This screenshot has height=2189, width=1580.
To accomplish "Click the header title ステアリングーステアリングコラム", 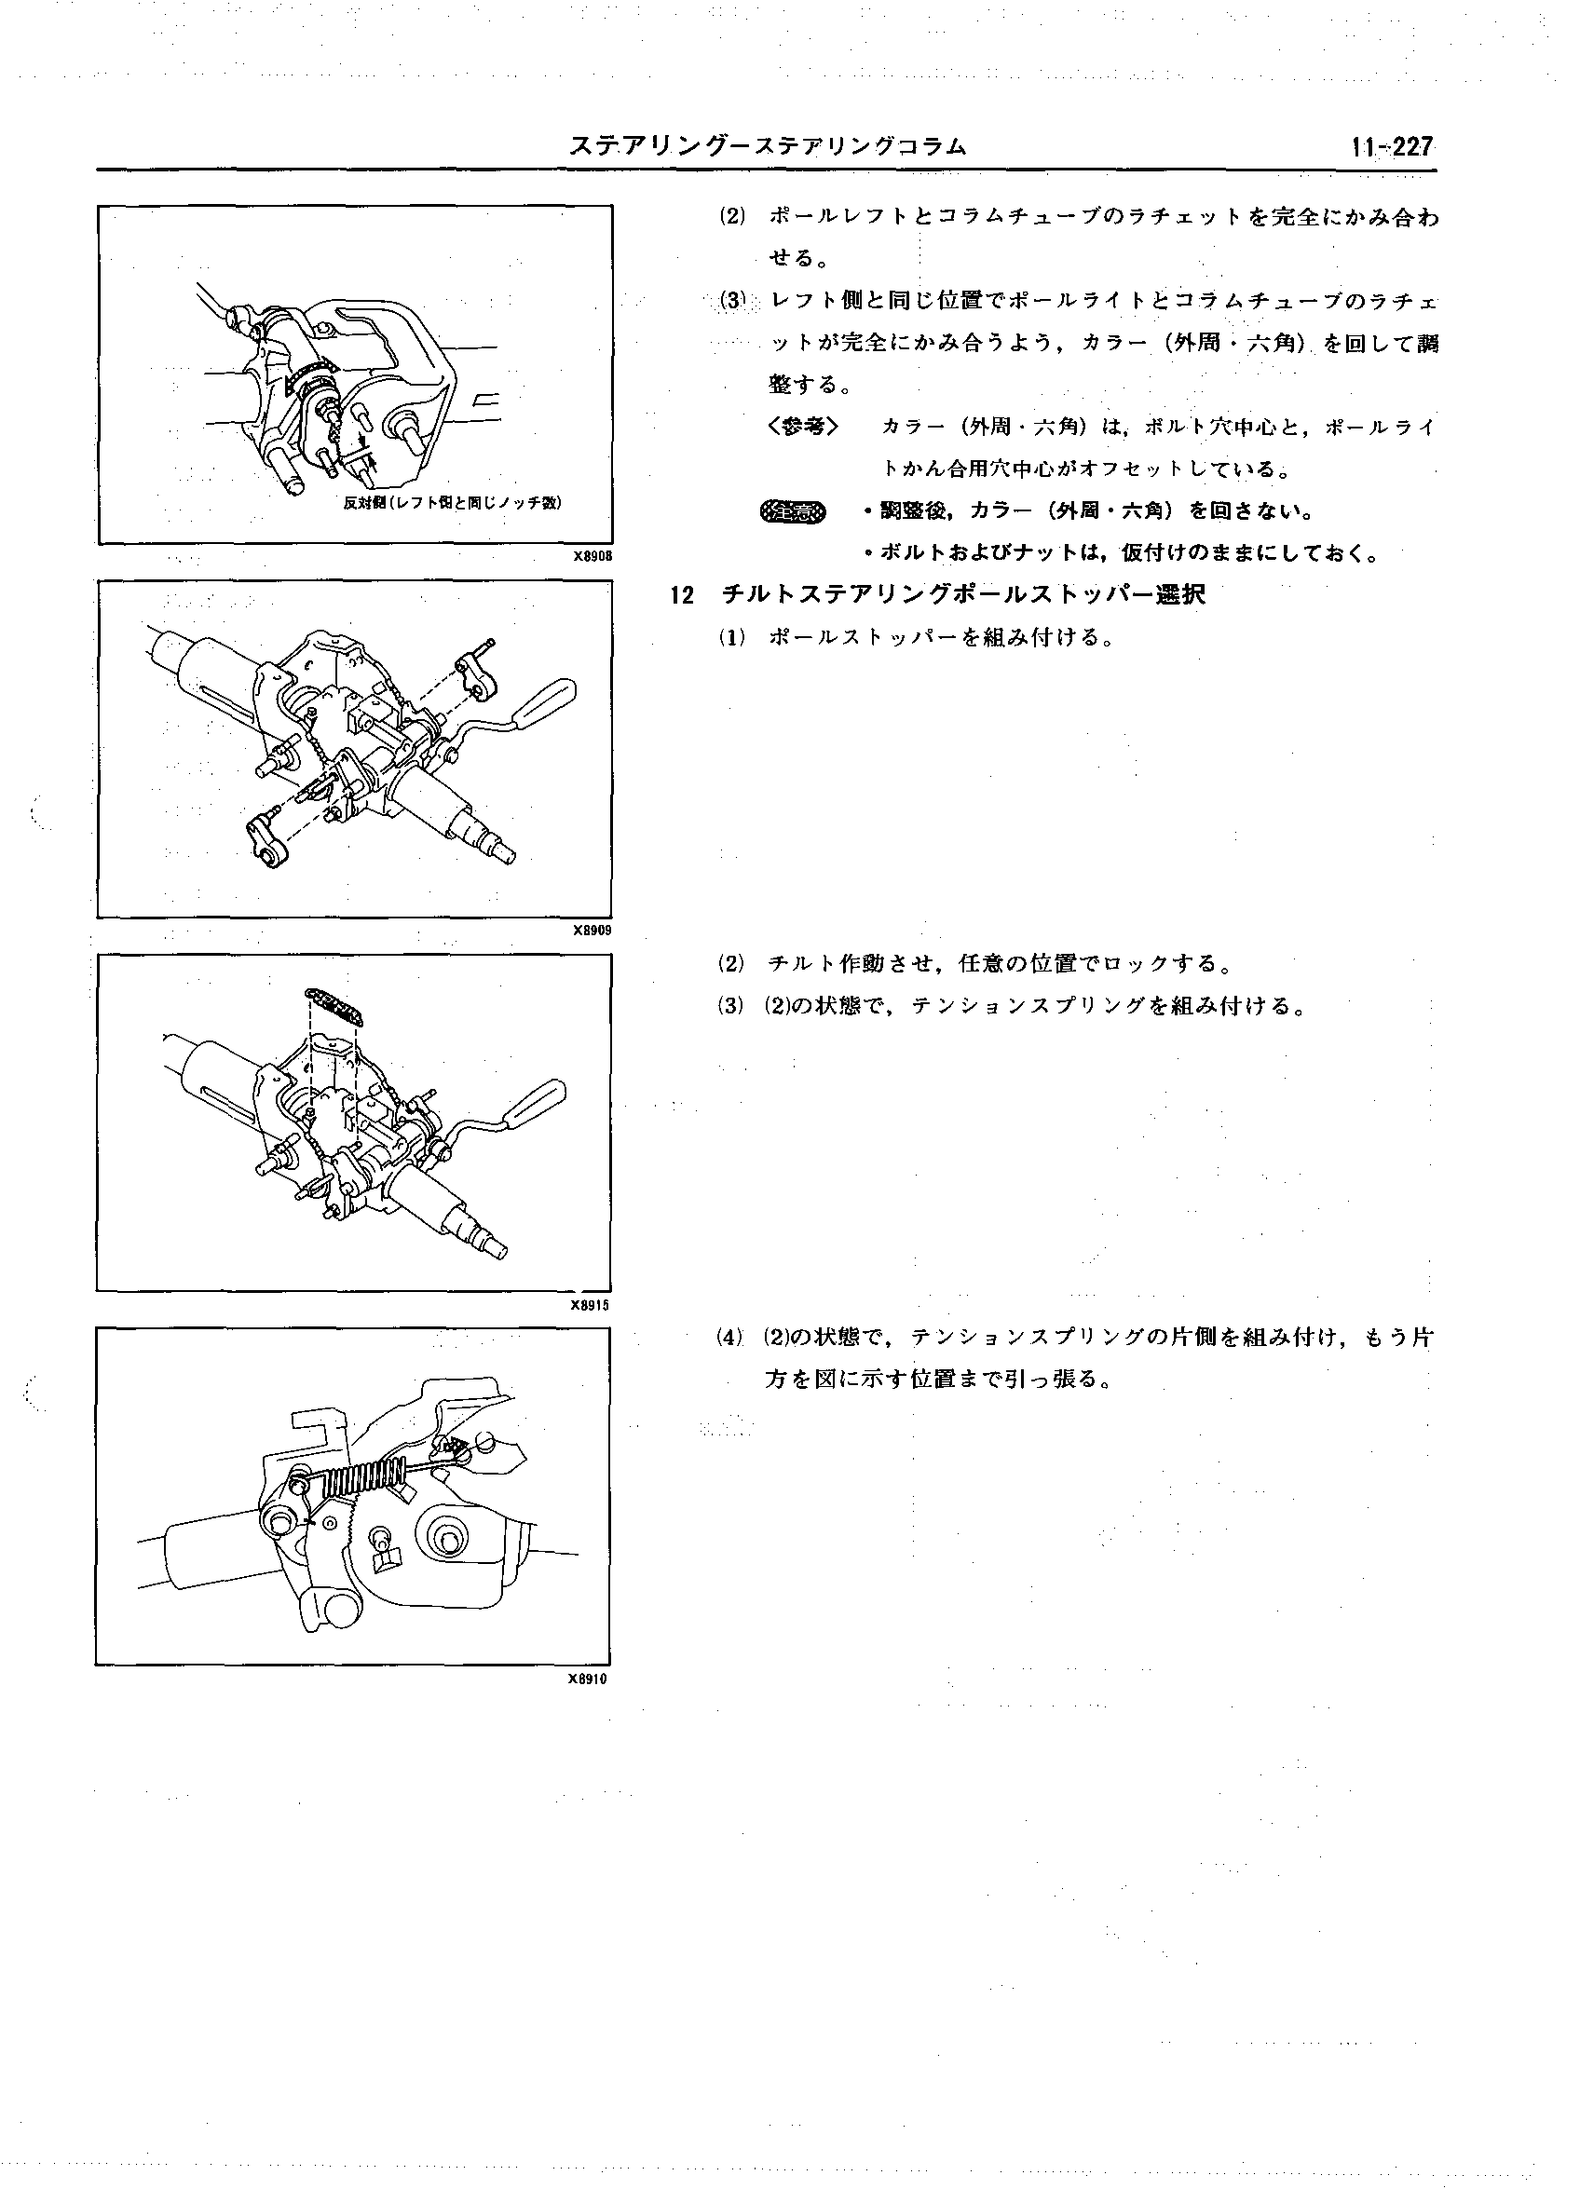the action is point(767,146).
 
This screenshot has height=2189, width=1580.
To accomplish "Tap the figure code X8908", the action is point(592,557).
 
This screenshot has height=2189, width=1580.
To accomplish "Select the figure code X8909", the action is point(592,931).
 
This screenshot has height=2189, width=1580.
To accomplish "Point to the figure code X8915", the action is point(590,1305).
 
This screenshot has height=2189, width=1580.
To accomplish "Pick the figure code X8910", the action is point(588,1679).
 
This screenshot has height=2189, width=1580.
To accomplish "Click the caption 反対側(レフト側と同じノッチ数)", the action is point(454,503).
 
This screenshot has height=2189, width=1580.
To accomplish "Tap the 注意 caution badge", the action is point(794,511).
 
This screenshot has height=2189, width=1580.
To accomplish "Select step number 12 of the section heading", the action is point(682,595).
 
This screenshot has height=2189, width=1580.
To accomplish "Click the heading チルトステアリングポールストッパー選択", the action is point(963,594).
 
